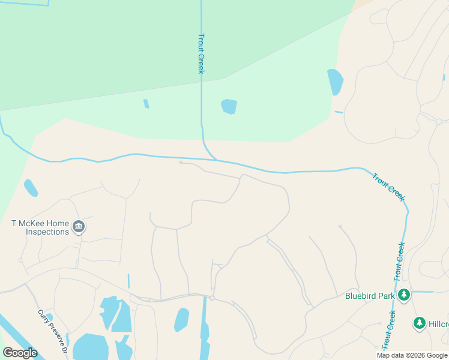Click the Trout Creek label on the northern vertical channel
point(202,53)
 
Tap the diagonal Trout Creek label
point(388,187)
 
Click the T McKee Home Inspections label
point(40,227)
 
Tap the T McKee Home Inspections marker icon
point(79,227)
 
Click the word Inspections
point(47,232)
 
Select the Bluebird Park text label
point(370,295)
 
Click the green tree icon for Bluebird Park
point(405,295)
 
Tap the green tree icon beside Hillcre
point(420,323)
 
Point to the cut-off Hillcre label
point(439,324)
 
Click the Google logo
point(20,353)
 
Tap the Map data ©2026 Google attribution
point(412,355)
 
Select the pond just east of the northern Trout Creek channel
point(229,107)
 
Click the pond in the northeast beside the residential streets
point(335,82)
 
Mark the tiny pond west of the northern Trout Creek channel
point(146,104)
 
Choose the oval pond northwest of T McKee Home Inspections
point(31,188)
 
